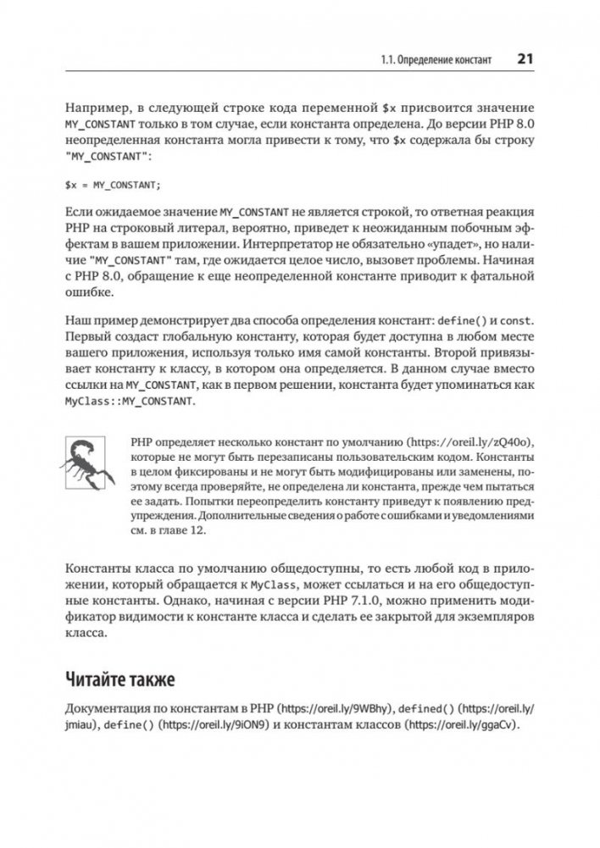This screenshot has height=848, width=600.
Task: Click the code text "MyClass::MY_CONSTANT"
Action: click(x=130, y=402)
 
